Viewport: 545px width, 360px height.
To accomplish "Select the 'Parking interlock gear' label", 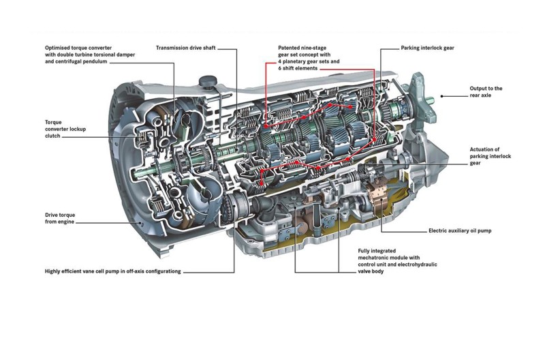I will [428, 48].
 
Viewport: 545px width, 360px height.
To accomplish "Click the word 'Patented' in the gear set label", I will [292, 48].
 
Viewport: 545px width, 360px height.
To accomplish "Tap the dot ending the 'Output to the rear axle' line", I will [441, 95].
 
